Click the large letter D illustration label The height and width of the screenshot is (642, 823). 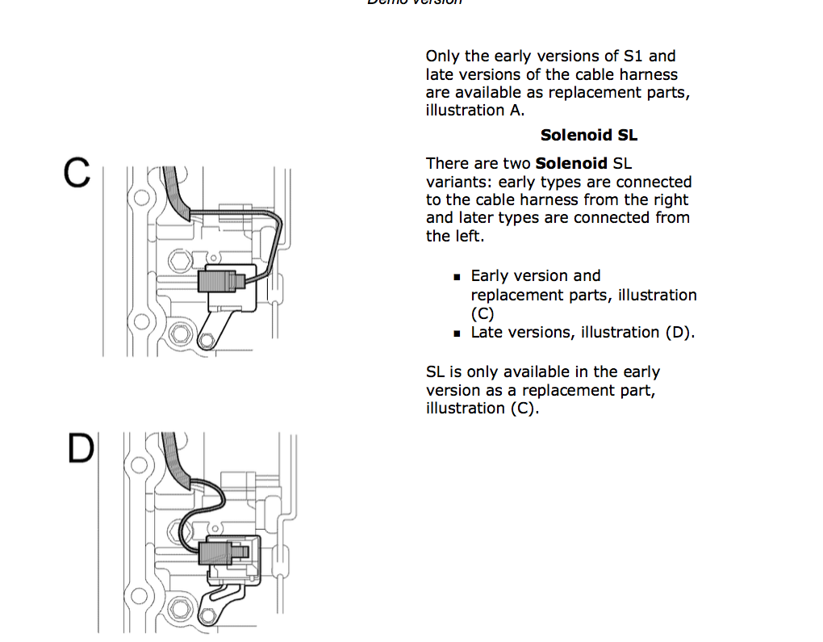81,449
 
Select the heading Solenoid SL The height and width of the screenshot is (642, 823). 589,135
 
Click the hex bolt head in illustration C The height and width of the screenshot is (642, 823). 178,260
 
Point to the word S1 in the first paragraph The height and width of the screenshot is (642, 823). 633,57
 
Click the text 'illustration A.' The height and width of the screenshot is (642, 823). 475,111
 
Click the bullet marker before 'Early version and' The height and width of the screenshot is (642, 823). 457,277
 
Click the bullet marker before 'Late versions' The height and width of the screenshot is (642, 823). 457,333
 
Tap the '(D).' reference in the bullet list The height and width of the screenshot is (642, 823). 679,333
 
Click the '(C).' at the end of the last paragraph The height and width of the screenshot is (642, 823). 524,409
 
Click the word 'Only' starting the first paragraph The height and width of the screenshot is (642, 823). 442,57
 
